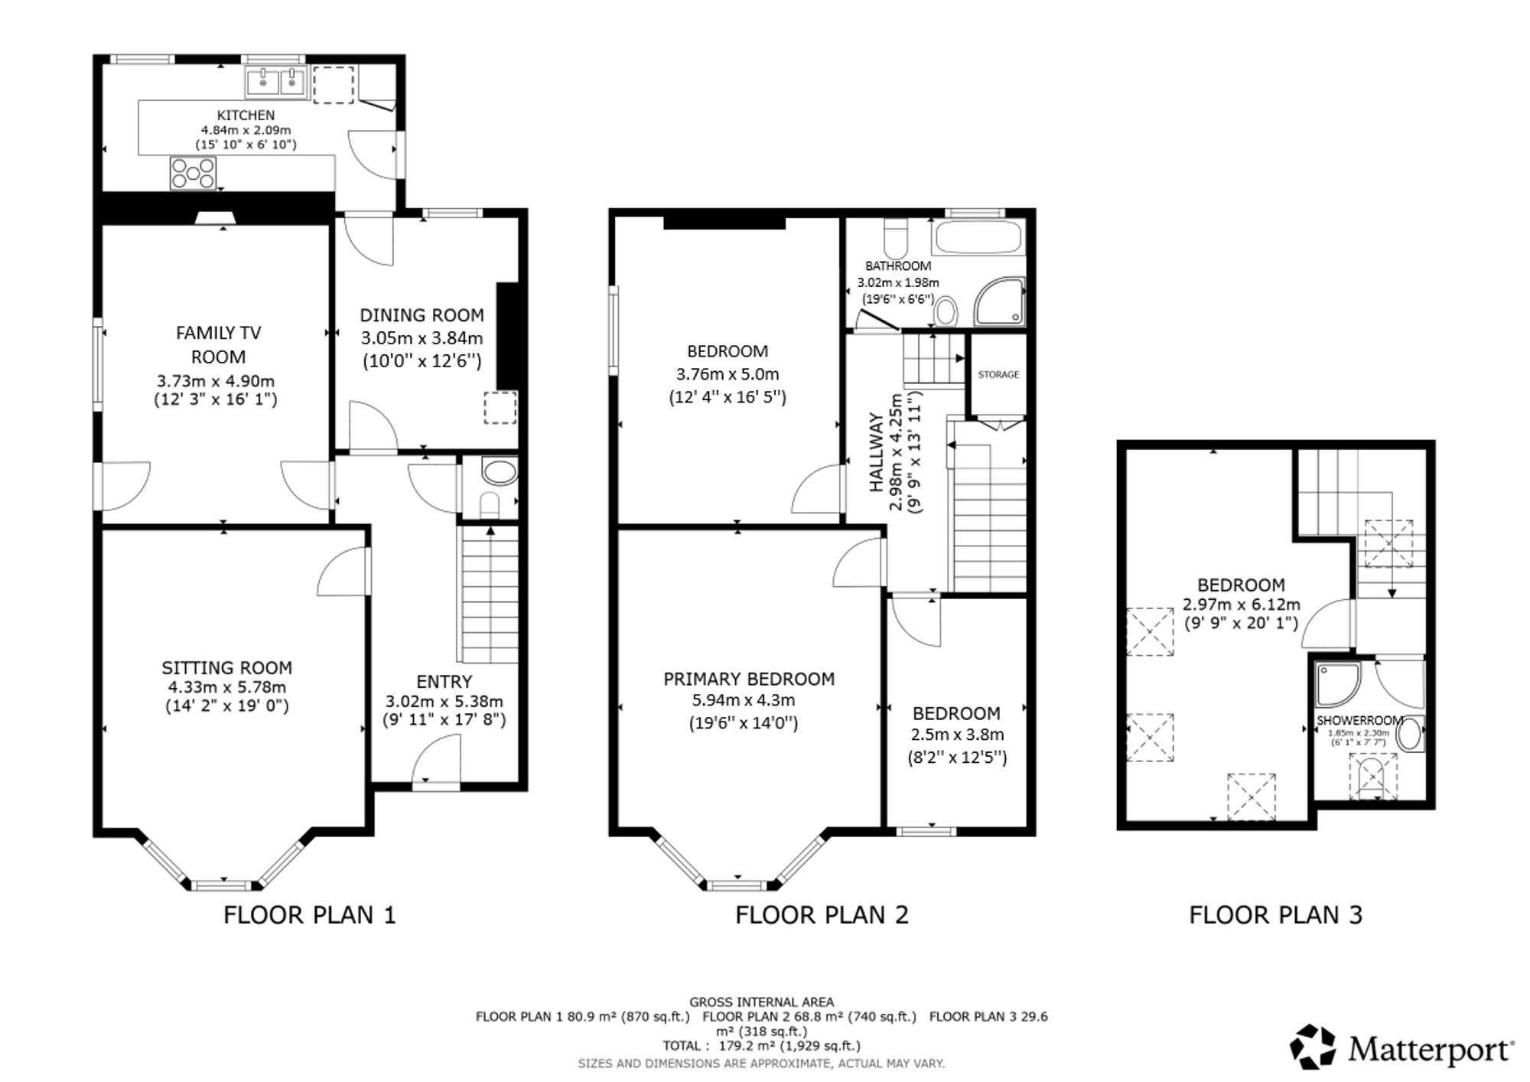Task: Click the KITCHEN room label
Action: click(246, 116)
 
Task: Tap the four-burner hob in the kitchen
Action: click(193, 172)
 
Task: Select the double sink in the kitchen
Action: click(276, 82)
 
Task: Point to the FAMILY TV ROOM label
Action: click(219, 344)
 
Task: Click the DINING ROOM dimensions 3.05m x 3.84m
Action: click(422, 338)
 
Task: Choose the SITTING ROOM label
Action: click(227, 668)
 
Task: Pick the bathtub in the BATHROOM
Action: click(978, 238)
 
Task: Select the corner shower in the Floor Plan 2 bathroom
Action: click(999, 301)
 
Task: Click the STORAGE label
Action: click(998, 375)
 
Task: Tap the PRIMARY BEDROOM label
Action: click(749, 679)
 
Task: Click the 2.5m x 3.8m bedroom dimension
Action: click(957, 735)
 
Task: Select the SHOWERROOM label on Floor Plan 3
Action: click(1359, 720)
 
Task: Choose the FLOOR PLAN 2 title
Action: click(822, 914)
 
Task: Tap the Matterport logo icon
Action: click(1314, 1047)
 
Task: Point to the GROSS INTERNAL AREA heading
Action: click(762, 1002)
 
